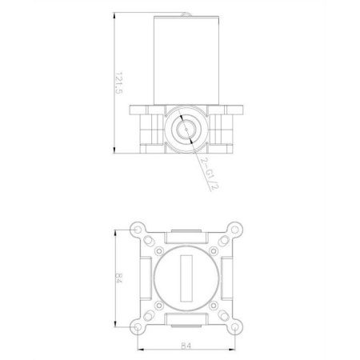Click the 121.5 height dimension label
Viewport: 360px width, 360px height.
pos(118,83)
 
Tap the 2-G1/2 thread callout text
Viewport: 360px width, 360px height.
pos(210,174)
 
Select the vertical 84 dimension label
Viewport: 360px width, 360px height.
pos(118,278)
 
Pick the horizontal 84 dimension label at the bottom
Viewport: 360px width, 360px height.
pos(186,346)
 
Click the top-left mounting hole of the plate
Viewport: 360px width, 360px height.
pos(138,230)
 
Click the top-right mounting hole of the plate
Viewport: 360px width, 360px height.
pos(234,230)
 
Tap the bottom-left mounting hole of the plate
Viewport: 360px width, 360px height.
pos(138,327)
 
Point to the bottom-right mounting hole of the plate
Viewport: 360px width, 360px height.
pos(234,327)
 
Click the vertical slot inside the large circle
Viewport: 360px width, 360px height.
pos(186,278)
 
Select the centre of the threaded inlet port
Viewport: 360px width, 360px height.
pos(186,130)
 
